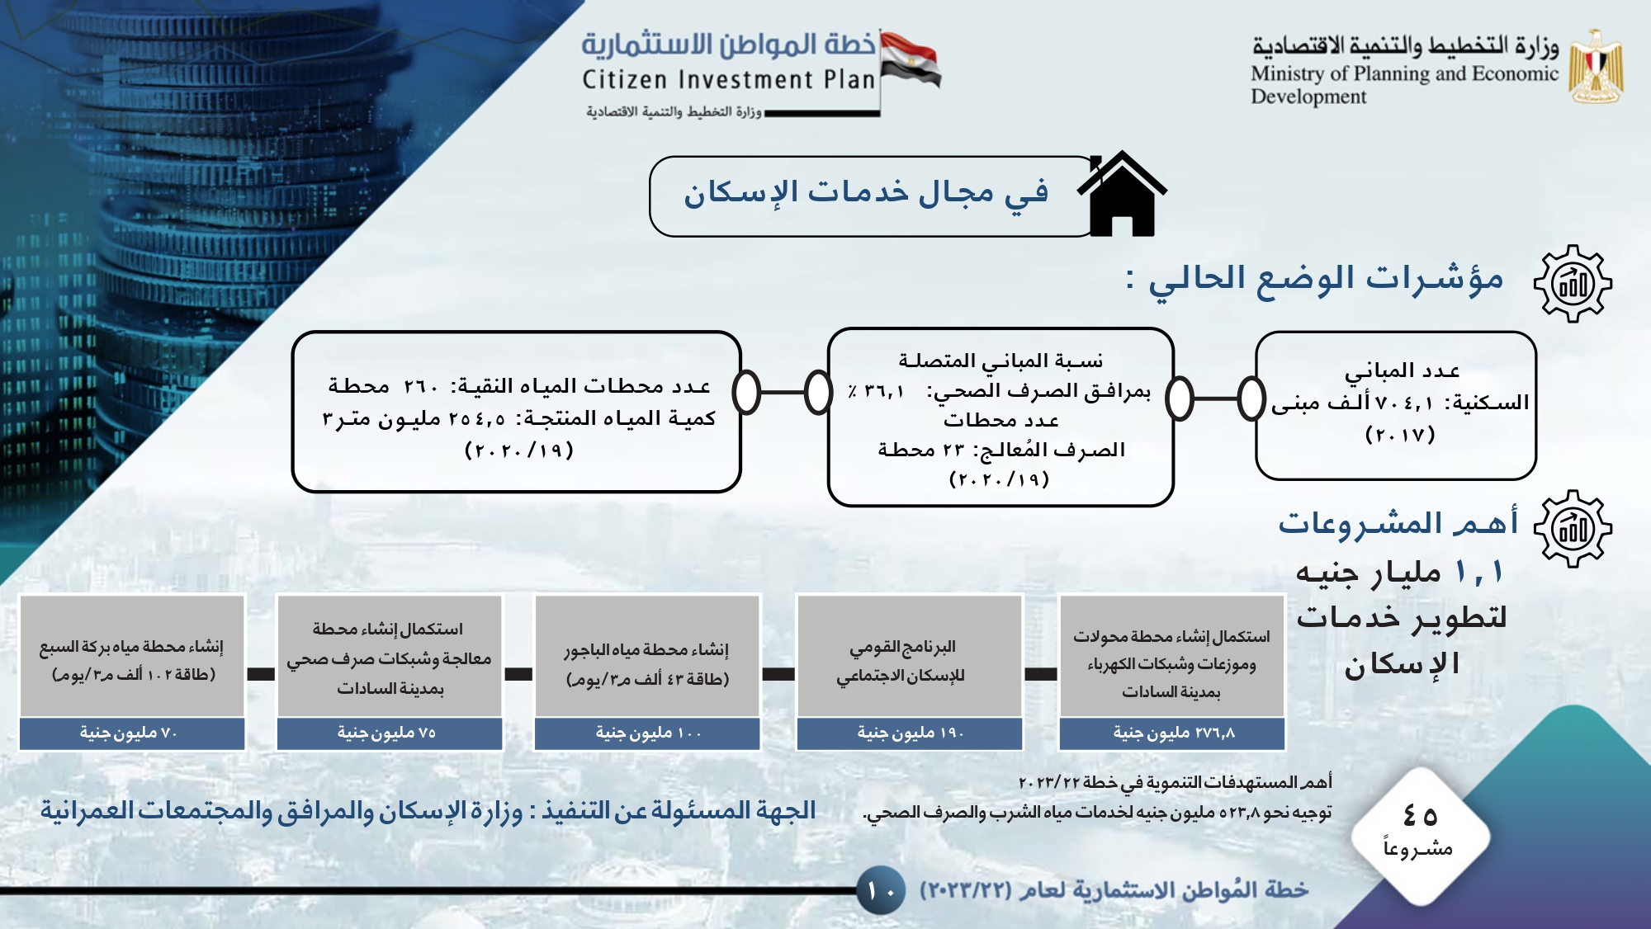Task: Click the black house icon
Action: (1122, 196)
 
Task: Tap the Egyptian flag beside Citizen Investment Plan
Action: (911, 59)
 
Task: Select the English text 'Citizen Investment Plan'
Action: (728, 80)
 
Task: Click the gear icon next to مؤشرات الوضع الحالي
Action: (1573, 283)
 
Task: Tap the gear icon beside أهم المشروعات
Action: (1573, 528)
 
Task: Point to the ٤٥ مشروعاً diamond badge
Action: (1420, 835)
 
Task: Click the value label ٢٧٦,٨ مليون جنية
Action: (1172, 733)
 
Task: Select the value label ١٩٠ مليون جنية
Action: (910, 733)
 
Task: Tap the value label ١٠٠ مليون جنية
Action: (647, 733)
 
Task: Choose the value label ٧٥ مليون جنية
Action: (389, 733)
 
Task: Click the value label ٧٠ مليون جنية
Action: (131, 733)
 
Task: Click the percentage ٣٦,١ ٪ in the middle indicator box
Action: (877, 391)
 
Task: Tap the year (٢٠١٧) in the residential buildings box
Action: (1400, 435)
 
